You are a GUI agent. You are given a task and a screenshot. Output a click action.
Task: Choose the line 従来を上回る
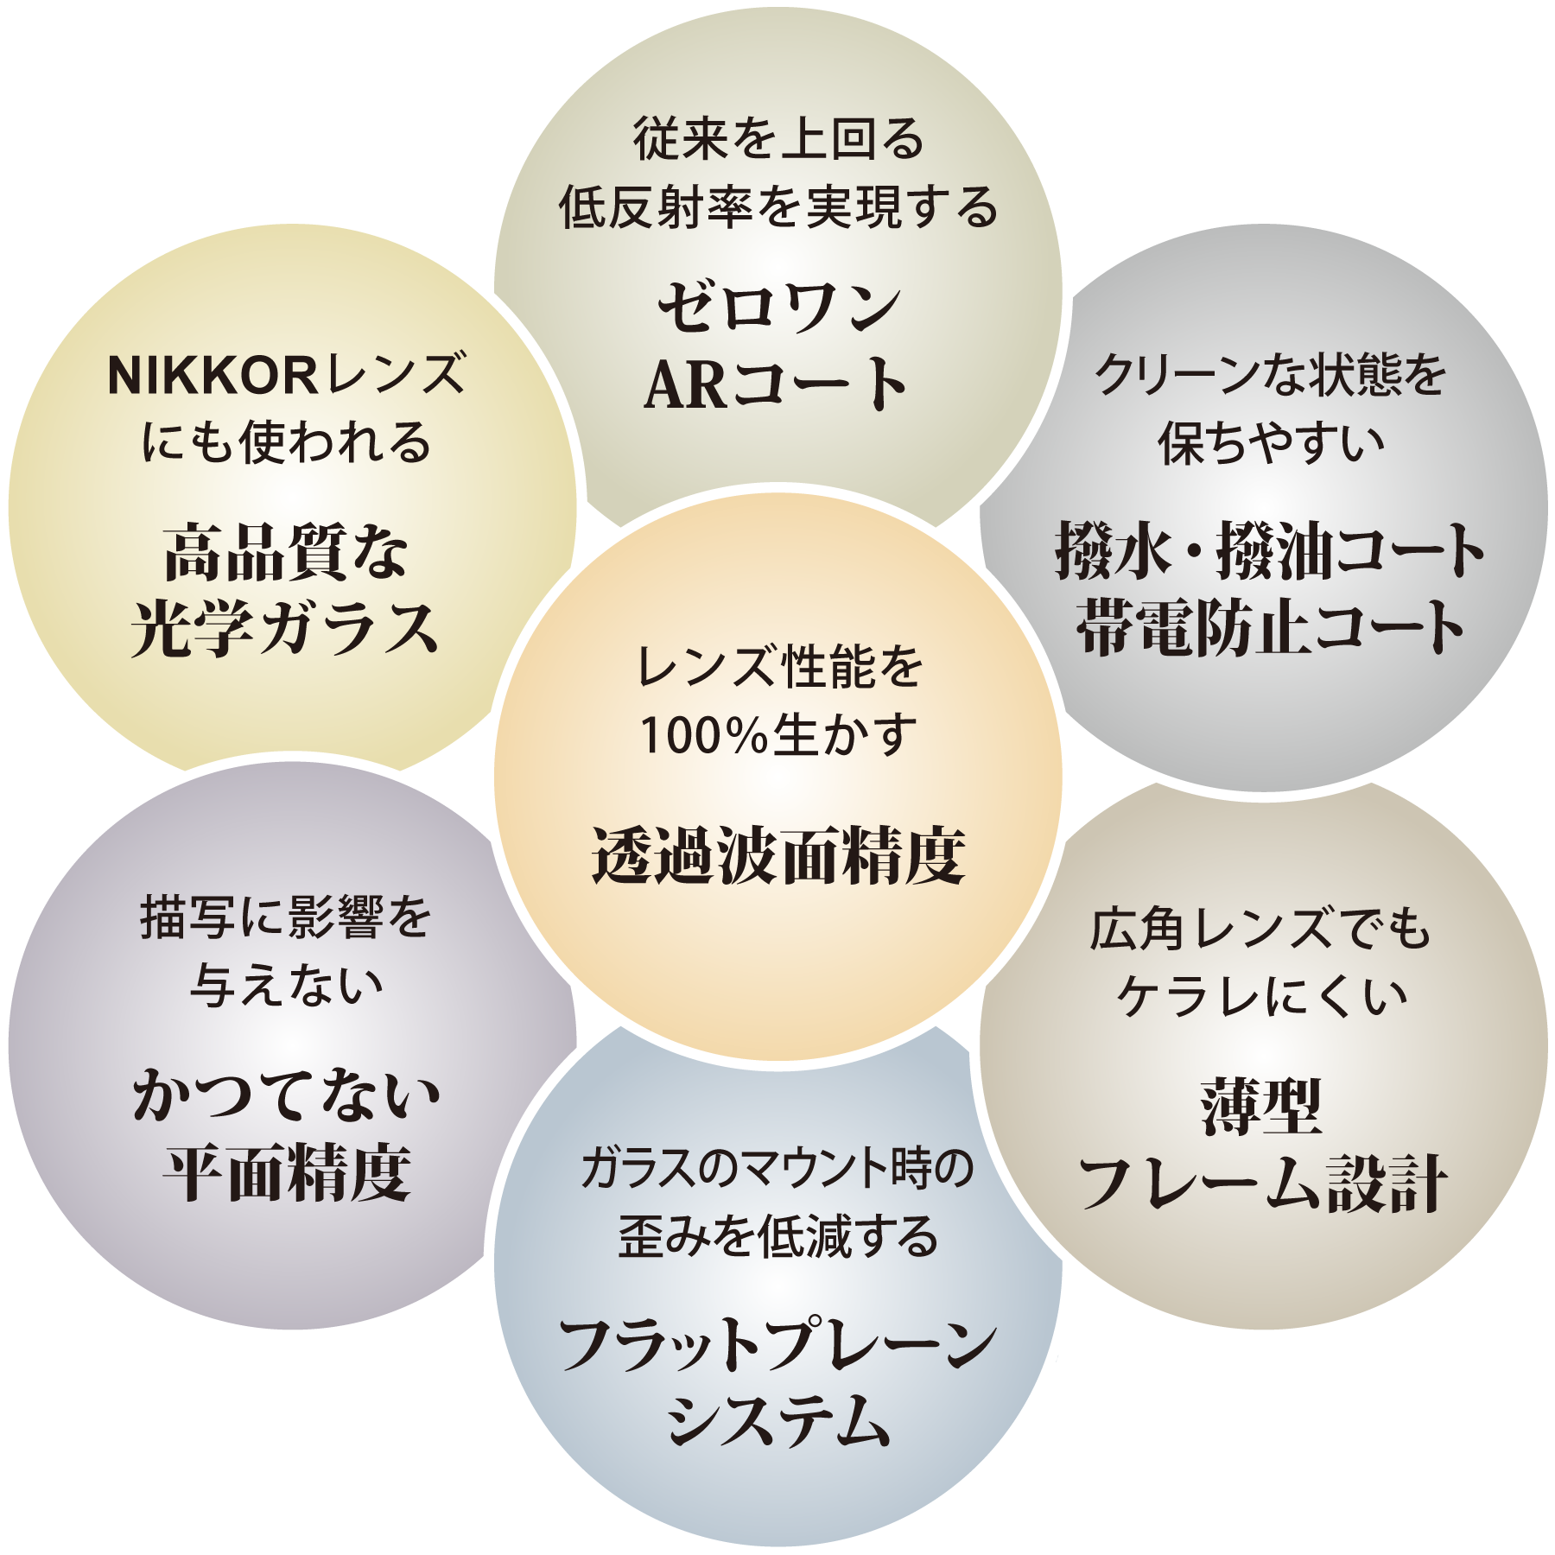click(777, 143)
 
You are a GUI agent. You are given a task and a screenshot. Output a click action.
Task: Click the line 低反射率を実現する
click(777, 210)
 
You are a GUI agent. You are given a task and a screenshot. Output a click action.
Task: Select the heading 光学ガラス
click(285, 632)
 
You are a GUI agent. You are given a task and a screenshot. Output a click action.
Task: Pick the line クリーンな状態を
click(1269, 378)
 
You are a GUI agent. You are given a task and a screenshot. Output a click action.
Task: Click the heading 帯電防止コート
click(1269, 628)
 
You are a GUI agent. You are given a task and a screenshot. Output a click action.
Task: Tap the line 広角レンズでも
click(1260, 932)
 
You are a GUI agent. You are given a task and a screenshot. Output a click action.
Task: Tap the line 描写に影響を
click(285, 919)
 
